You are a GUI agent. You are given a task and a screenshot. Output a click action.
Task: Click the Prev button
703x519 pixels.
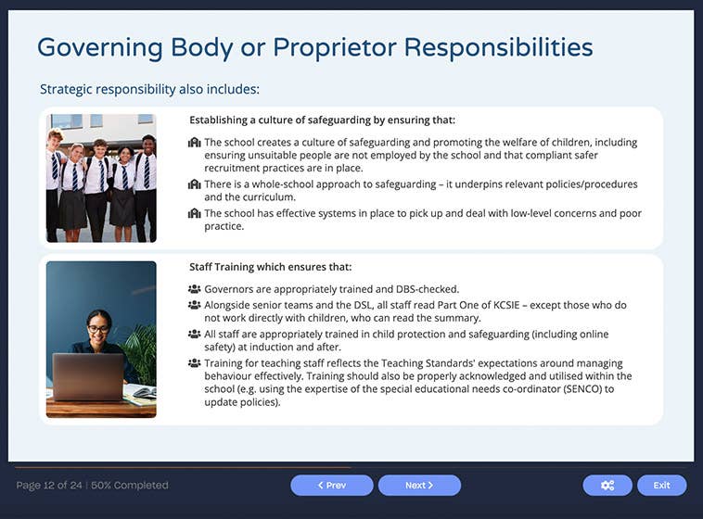(x=331, y=485)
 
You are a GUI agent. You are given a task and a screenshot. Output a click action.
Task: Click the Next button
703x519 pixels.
(x=419, y=485)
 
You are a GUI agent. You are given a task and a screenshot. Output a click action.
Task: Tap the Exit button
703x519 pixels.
(x=661, y=485)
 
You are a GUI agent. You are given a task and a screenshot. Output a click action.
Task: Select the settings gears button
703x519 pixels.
(x=607, y=485)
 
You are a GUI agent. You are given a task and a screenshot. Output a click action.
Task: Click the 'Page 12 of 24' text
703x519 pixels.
(x=48, y=485)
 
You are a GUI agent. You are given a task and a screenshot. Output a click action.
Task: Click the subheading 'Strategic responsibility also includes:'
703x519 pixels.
(x=149, y=90)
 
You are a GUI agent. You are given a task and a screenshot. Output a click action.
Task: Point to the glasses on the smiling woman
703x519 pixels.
(x=98, y=329)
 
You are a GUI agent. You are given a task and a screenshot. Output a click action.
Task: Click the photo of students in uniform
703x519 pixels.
(x=101, y=178)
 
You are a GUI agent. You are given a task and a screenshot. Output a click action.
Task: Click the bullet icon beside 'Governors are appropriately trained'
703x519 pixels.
(x=194, y=289)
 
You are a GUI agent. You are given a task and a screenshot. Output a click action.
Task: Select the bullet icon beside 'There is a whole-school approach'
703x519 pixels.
(x=194, y=184)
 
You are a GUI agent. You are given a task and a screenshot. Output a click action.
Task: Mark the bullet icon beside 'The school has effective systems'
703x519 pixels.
(x=194, y=213)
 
